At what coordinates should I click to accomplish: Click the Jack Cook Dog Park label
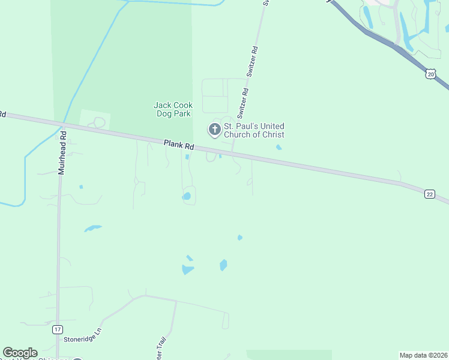point(173,109)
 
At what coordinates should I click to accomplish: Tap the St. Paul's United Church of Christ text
point(254,130)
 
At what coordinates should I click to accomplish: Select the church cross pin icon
point(214,130)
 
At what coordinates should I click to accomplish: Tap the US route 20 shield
point(430,73)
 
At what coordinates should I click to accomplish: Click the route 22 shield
point(429,193)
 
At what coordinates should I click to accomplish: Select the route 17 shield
point(57,329)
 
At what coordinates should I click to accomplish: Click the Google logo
point(20,353)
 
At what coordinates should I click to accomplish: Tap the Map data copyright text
point(423,355)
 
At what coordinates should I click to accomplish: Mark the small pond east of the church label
point(279,147)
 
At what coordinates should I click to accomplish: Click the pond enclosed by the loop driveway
point(187,196)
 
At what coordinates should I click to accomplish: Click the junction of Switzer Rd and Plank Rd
point(233,153)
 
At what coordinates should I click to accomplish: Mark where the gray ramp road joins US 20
point(397,46)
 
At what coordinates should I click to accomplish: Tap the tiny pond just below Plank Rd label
point(187,157)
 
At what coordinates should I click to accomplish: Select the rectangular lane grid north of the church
point(224,95)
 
